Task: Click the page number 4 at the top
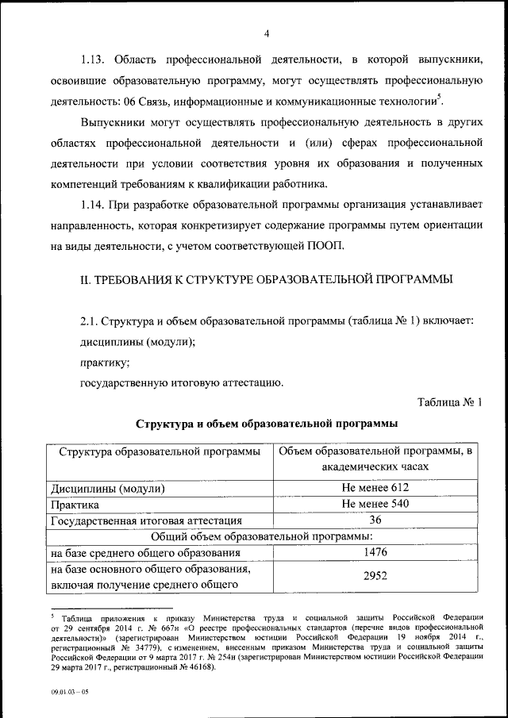[x=267, y=33]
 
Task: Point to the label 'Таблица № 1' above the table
[x=448, y=402]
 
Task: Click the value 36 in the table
[x=375, y=520]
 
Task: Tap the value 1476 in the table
[x=375, y=552]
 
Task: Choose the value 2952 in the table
[x=375, y=578]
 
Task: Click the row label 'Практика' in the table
[x=75, y=505]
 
